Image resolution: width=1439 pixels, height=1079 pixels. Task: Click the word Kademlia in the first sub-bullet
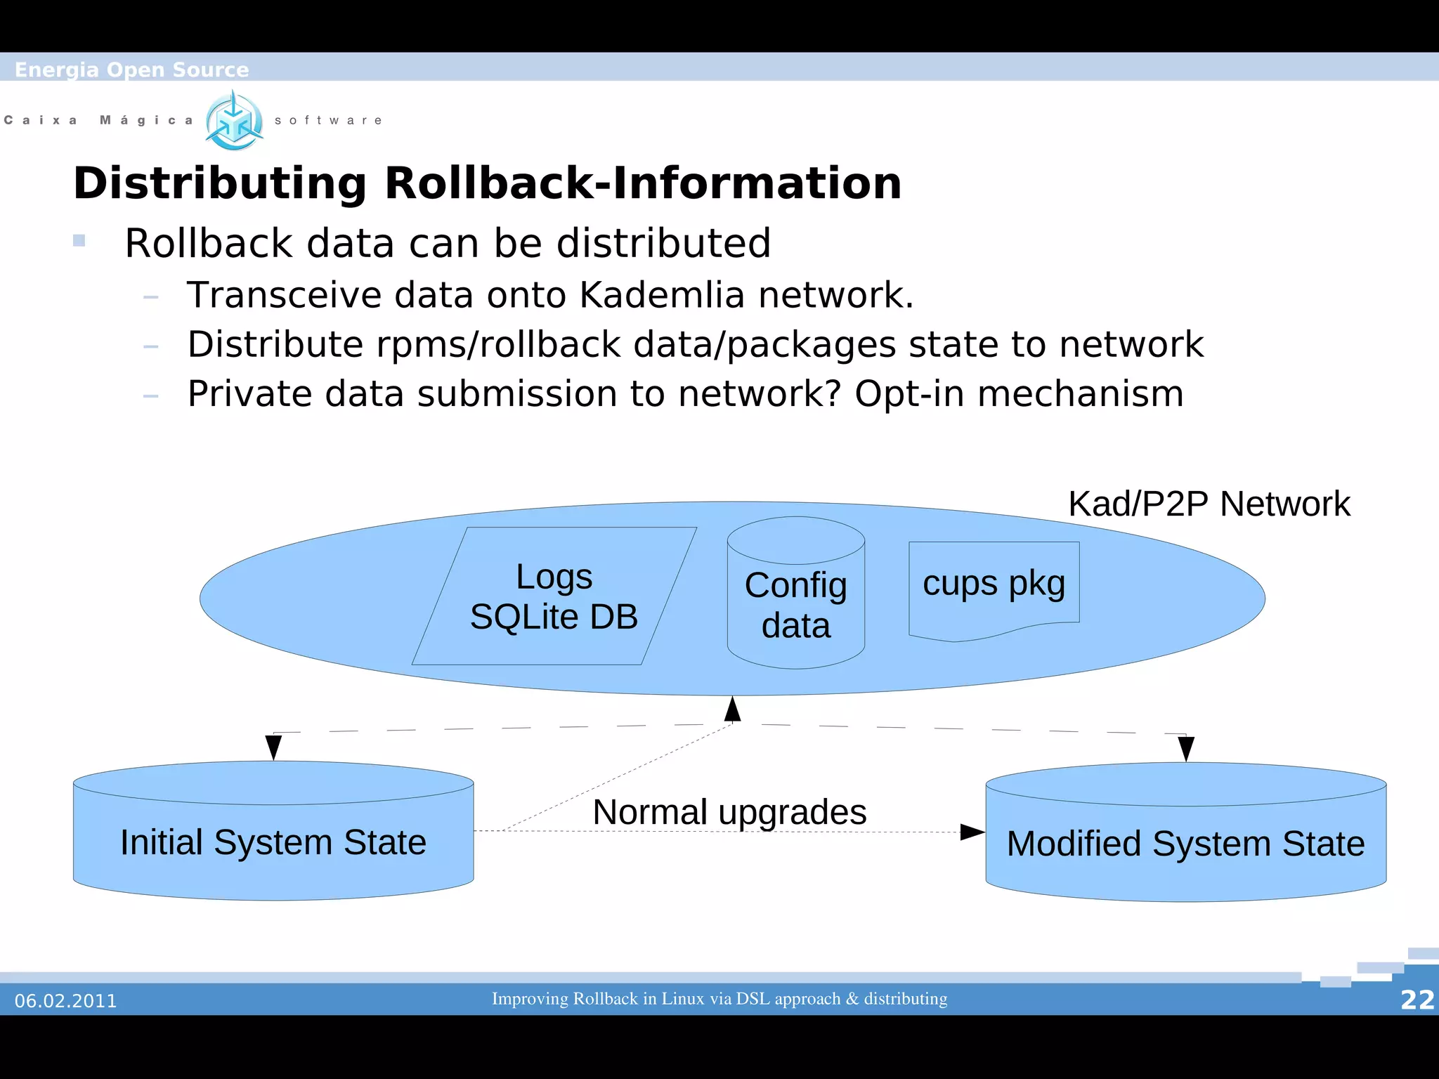pyautogui.click(x=662, y=295)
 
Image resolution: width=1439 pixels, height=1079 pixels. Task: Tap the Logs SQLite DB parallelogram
pyautogui.click(x=554, y=596)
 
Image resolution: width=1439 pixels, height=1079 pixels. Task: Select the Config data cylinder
pyautogui.click(x=795, y=604)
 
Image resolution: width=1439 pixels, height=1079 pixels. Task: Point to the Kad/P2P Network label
pyautogui.click(x=1209, y=504)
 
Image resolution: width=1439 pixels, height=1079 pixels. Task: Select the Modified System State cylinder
pyautogui.click(x=1185, y=843)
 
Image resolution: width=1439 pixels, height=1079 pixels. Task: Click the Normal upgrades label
pyautogui.click(x=729, y=812)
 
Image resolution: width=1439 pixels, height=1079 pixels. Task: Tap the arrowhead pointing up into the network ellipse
pyautogui.click(x=733, y=709)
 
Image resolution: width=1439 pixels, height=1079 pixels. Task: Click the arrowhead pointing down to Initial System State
pyautogui.click(x=274, y=747)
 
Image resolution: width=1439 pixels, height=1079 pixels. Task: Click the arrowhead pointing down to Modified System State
pyautogui.click(x=1186, y=749)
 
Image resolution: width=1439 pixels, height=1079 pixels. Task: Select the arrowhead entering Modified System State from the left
pyautogui.click(x=972, y=832)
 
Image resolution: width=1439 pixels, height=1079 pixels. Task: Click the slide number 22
pyautogui.click(x=1417, y=1000)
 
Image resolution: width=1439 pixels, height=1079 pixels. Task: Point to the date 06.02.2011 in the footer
pyautogui.click(x=66, y=1001)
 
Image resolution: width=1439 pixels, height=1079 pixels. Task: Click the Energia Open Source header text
pyautogui.click(x=132, y=70)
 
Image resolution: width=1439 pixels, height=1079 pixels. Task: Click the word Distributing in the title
pyautogui.click(x=220, y=184)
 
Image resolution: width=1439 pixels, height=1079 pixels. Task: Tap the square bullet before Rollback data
pyautogui.click(x=79, y=241)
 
